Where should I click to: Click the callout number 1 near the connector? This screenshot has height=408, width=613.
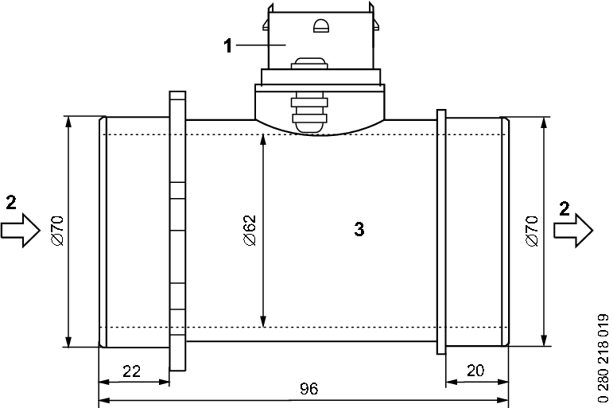228,46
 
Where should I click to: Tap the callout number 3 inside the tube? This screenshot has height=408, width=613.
359,229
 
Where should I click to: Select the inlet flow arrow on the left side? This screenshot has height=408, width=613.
21,231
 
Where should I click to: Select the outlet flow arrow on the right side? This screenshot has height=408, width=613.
573,231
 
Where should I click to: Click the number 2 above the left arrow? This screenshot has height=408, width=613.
11,203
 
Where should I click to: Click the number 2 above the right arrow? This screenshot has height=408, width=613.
565,209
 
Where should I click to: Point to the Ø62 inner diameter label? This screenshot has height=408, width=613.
250,231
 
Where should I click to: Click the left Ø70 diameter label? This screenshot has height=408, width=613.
57,231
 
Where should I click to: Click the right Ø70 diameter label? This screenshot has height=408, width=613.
532,231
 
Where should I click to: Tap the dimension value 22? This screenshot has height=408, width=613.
131,371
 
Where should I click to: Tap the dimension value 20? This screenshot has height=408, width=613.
475,370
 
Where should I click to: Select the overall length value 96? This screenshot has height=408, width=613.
309,389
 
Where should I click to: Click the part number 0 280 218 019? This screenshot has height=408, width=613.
603,358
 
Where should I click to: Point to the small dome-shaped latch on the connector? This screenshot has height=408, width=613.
321,25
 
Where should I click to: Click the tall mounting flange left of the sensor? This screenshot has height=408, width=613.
177,231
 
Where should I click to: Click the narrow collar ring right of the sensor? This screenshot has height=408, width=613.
441,232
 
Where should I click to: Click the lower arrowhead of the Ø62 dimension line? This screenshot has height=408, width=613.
263,321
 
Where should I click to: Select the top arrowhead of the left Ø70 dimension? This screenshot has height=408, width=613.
69,122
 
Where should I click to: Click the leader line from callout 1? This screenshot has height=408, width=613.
261,45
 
